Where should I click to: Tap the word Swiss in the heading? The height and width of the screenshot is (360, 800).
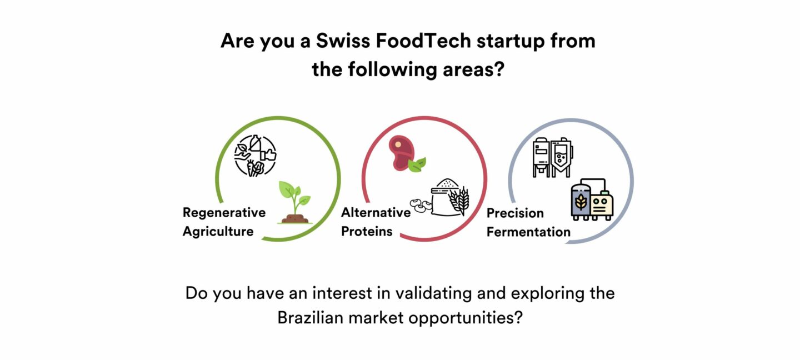click(343, 41)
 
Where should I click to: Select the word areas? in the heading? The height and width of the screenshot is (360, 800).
click(473, 69)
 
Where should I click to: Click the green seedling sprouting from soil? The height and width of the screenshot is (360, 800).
click(295, 202)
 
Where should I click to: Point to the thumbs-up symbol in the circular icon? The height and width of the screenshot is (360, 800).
click(268, 154)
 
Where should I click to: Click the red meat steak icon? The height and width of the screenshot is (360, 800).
click(402, 152)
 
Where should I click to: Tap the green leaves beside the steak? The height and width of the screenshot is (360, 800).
click(417, 164)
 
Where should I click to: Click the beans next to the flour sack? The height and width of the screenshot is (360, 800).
click(421, 206)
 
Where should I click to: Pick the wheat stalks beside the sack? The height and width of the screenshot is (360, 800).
click(459, 201)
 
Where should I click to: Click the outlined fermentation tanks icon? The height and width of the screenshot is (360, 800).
click(553, 158)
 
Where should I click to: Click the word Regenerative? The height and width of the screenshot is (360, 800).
click(224, 213)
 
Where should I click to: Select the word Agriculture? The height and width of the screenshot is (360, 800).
click(218, 232)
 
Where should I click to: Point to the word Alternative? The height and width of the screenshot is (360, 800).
click(376, 212)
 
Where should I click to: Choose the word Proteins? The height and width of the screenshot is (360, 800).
click(367, 232)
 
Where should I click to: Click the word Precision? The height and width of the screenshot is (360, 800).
click(515, 213)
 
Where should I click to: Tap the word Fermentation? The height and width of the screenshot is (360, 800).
click(528, 232)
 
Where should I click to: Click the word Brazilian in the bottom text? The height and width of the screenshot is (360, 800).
click(310, 318)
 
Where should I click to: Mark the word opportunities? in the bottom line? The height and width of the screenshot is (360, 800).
click(466, 318)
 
